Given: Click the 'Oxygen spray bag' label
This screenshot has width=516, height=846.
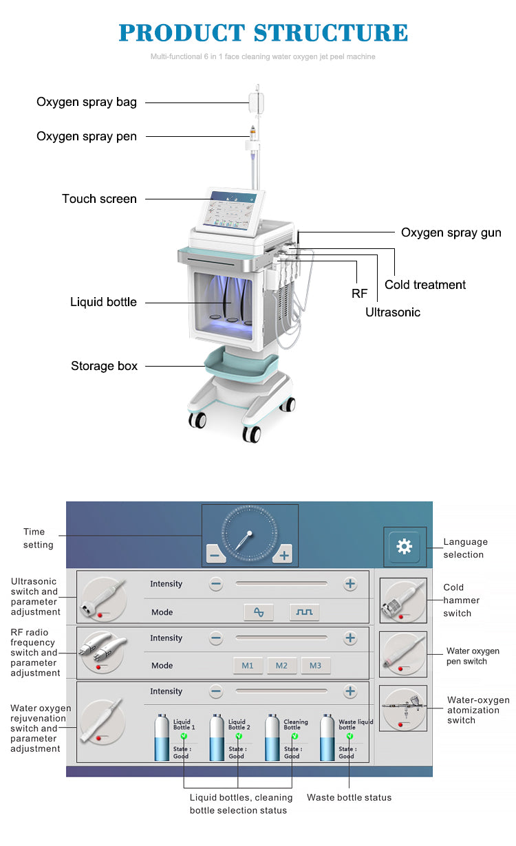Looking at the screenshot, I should click(87, 102).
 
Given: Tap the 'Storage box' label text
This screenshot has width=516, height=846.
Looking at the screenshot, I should click(104, 366).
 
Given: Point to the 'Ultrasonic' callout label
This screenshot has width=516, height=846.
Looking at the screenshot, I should click(392, 312).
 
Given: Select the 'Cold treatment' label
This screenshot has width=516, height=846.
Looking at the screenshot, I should click(424, 285).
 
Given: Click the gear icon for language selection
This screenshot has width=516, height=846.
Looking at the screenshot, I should click(404, 547).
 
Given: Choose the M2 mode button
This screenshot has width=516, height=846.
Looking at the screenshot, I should click(281, 665).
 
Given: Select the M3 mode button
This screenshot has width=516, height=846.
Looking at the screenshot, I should click(315, 665).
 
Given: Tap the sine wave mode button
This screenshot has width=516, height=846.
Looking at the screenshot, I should click(259, 611).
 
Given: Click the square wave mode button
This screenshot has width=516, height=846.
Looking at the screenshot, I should click(304, 611).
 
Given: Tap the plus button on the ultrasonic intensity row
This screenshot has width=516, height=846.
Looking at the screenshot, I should click(350, 584).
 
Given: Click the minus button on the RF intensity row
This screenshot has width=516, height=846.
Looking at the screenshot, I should click(216, 638).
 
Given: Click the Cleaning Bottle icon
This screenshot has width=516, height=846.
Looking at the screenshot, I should click(273, 738).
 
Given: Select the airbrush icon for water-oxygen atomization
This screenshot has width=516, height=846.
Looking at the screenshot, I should click(403, 708).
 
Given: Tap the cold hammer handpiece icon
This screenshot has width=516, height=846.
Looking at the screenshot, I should click(402, 600).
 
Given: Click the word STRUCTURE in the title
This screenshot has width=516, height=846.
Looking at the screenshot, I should click(331, 32).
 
